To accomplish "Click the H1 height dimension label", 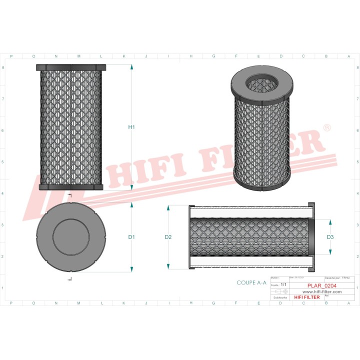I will (x=131, y=127).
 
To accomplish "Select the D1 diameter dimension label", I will (x=131, y=237).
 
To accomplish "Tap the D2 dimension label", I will (x=168, y=237).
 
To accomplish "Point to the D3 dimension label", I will (x=330, y=237).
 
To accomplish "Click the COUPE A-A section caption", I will (x=252, y=282).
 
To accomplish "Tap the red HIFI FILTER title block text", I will (x=305, y=297).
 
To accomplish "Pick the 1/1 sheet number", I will (x=283, y=284).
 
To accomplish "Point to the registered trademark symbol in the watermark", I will (x=327, y=128).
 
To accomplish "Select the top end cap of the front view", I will (x=71, y=67).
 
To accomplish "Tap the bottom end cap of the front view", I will (x=71, y=186).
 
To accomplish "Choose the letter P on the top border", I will (x=11, y=56).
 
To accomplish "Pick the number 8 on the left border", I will (x=4, y=67).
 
